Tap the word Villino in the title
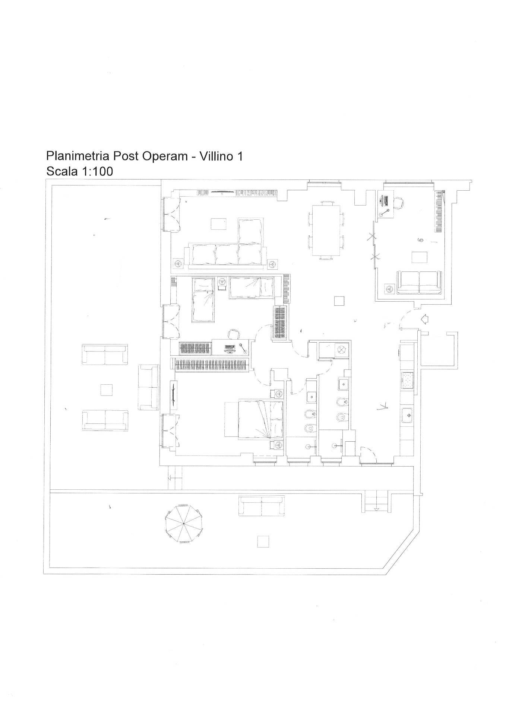click(x=215, y=156)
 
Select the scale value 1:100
click(x=95, y=171)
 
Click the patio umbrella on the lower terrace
click(x=184, y=524)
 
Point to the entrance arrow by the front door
click(x=424, y=319)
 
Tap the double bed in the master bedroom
click(x=253, y=419)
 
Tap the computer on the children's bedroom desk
click(x=230, y=349)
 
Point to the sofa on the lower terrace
click(x=262, y=506)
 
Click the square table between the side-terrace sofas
click(x=107, y=390)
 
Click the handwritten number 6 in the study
click(x=421, y=240)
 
